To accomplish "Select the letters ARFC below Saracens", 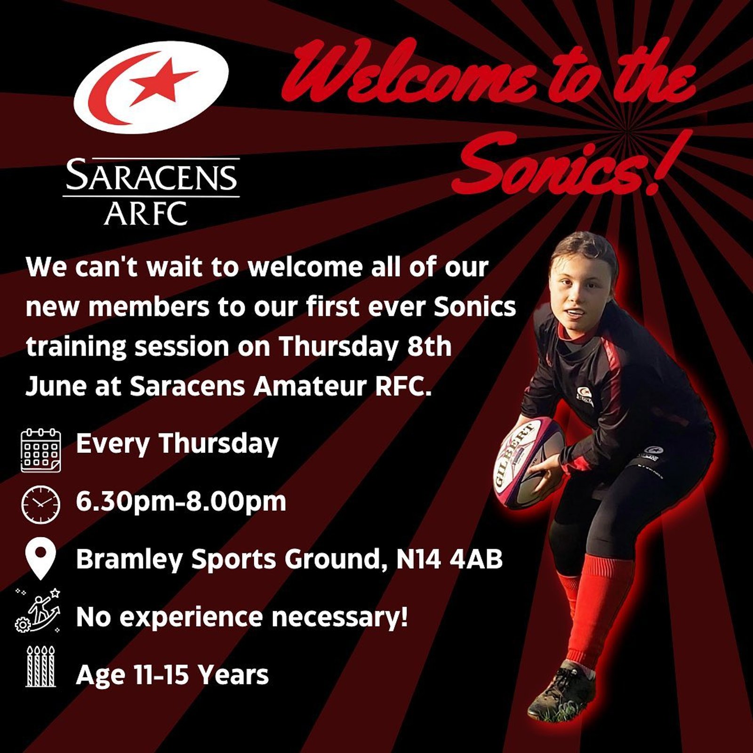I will point(146,214).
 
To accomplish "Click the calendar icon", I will point(41,450).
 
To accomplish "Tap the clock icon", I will point(41,504).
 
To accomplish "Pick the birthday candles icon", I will point(41,666).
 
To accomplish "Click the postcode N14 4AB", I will point(449,560).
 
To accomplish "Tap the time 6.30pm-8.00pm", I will point(181,502).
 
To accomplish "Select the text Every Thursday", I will point(177,444).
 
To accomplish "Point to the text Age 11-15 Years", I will point(172,675).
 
